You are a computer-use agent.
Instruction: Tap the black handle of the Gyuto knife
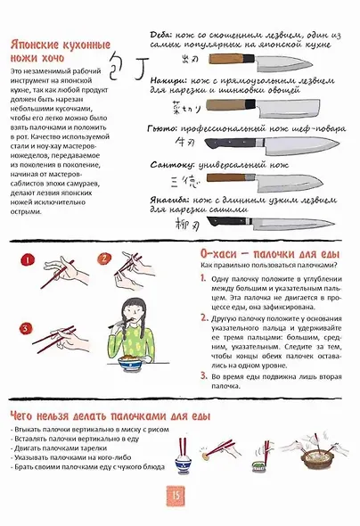[x=223, y=143]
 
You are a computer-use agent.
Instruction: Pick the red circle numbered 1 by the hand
[x=27, y=262]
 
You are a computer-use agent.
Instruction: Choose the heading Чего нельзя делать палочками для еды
[x=110, y=415]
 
